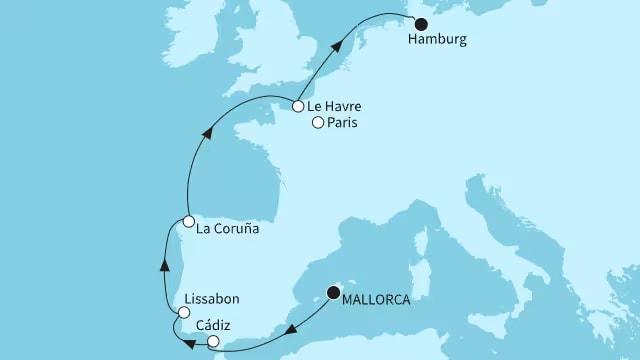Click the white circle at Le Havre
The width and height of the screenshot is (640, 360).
(298, 105)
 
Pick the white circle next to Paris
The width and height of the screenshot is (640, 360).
(318, 123)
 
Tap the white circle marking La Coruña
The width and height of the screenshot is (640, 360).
(188, 221)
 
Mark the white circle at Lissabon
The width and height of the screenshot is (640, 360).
(181, 314)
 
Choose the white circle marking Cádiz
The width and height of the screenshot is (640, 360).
(213, 342)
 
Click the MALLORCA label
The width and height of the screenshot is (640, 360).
(379, 297)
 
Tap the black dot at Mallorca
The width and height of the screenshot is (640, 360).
(333, 294)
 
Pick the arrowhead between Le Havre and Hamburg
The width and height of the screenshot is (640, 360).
(342, 43)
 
